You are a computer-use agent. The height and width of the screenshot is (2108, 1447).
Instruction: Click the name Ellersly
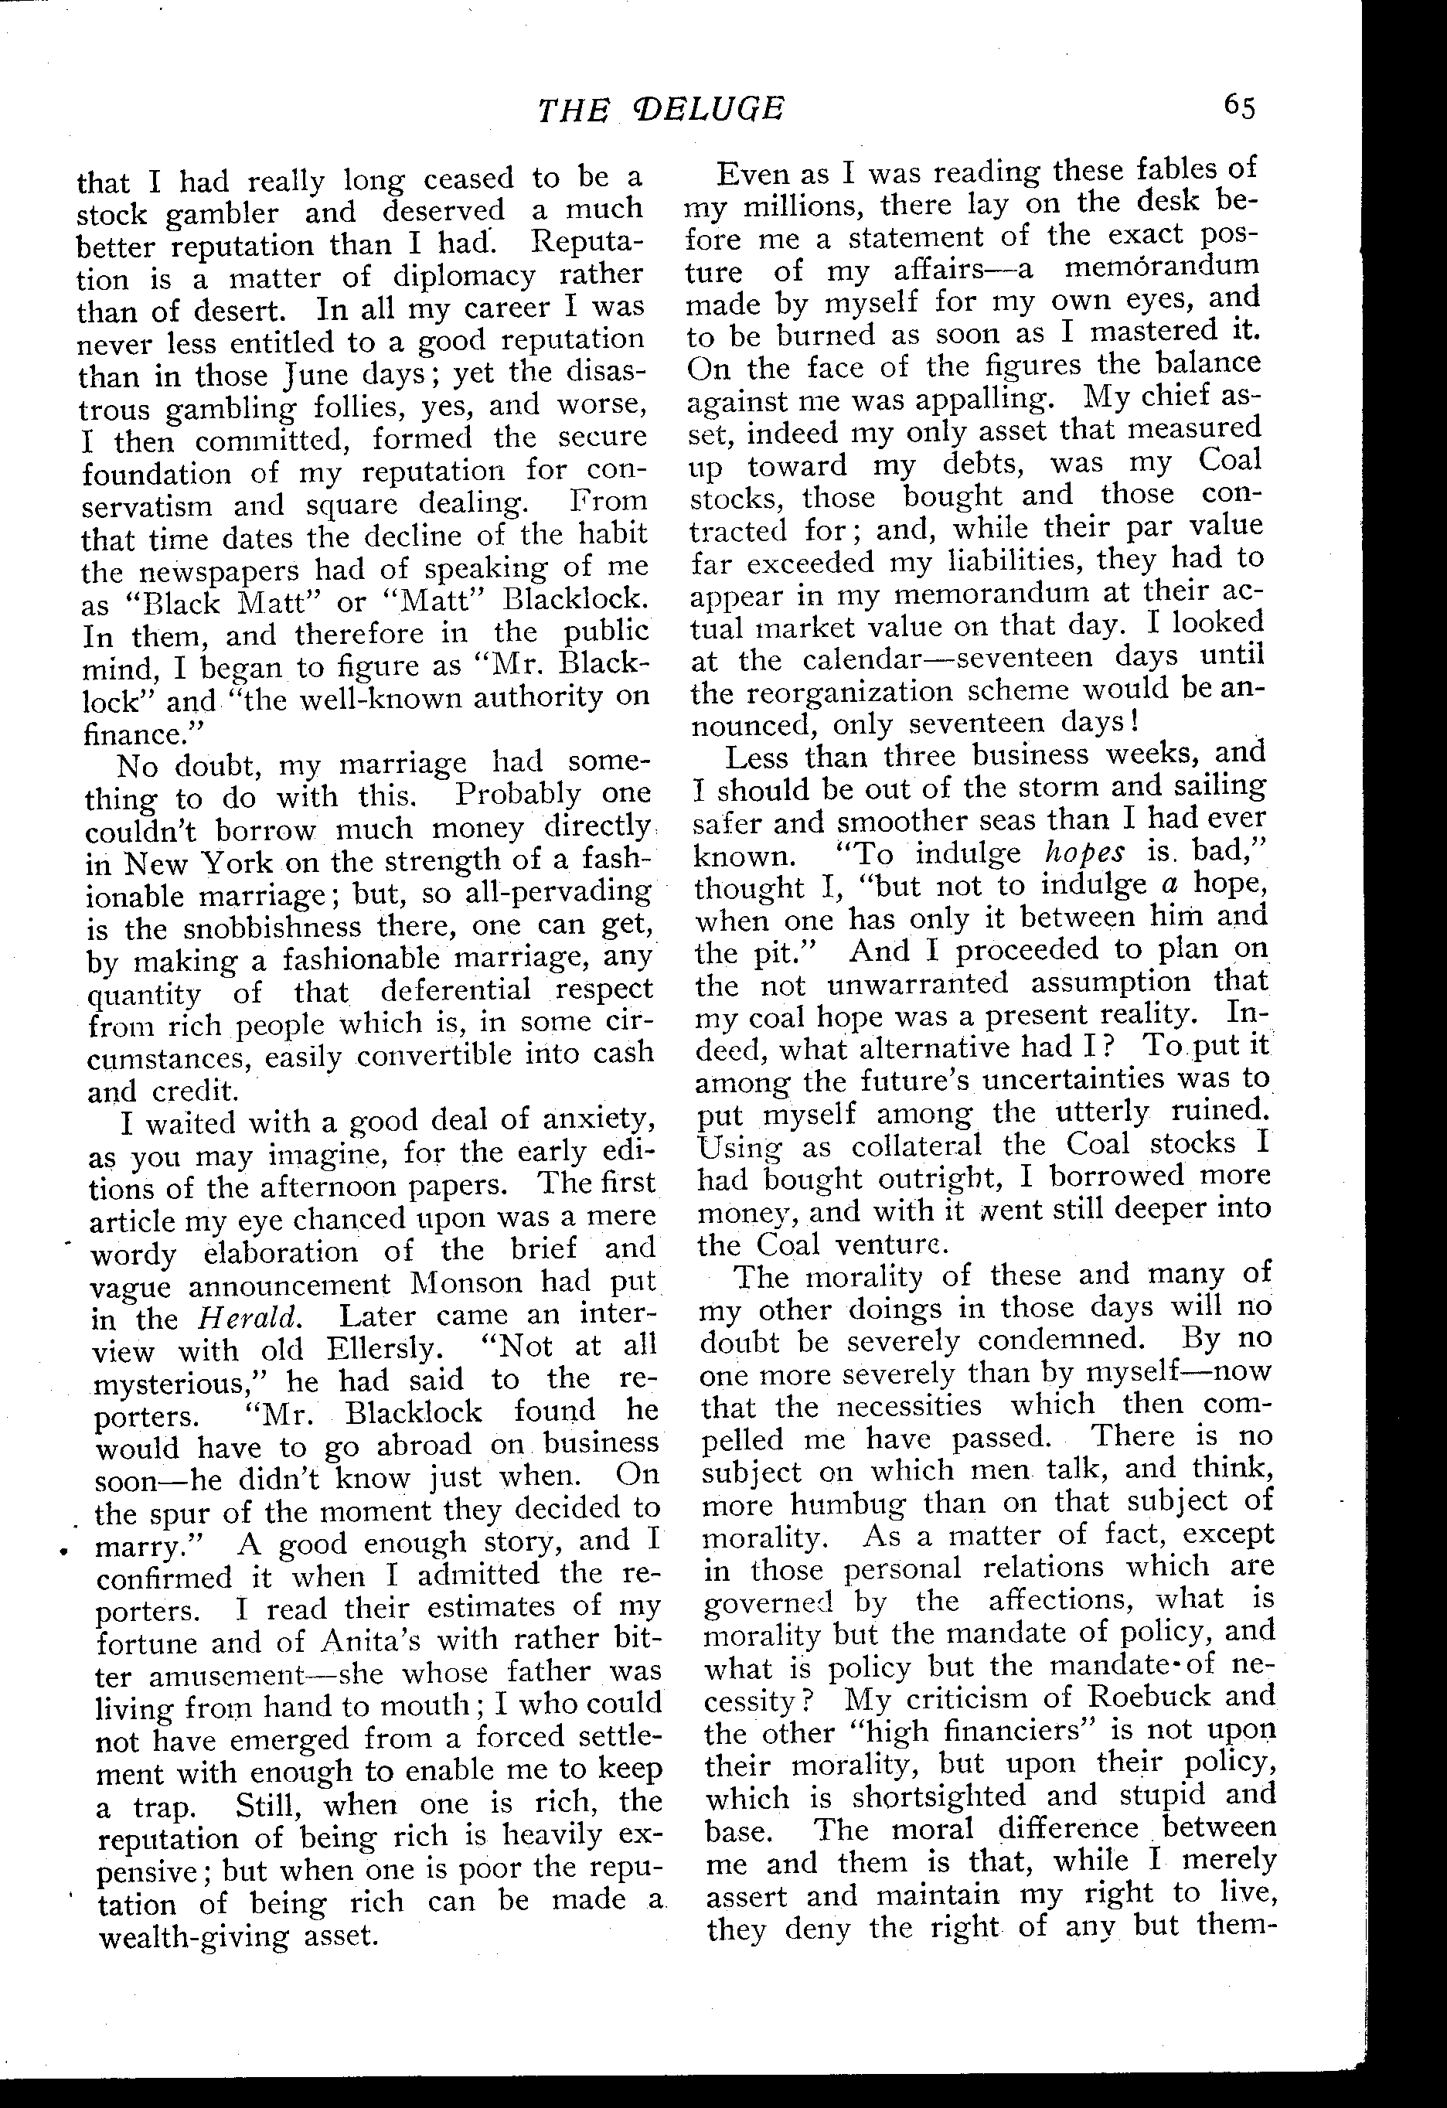[380, 1347]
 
